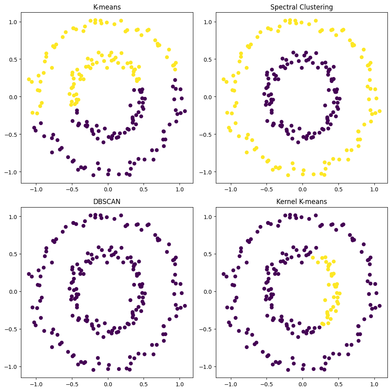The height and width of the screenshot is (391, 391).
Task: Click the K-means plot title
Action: (x=107, y=7)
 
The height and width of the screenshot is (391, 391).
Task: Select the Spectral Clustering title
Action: (x=302, y=7)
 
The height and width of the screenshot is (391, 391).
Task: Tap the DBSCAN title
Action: (x=107, y=202)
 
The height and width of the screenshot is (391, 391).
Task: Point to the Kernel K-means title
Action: (x=302, y=202)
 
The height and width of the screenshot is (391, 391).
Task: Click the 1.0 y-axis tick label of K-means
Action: (x=14, y=22)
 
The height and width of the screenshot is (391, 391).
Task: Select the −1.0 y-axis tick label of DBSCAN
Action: (x=13, y=366)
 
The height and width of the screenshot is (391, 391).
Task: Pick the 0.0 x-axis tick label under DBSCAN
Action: (x=108, y=383)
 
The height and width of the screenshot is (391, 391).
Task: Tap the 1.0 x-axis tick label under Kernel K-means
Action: (x=374, y=383)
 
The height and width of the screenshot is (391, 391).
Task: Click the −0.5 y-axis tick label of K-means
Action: (x=13, y=134)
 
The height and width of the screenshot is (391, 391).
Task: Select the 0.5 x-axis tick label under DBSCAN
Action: (x=144, y=383)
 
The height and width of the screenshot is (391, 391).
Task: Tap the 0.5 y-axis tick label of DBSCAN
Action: (x=14, y=254)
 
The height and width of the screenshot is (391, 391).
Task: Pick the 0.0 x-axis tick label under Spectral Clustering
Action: (x=302, y=189)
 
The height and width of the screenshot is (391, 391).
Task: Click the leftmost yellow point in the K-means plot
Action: (x=29, y=79)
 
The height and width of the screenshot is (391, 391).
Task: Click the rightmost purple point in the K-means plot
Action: (x=185, y=111)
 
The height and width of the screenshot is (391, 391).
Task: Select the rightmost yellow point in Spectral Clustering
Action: (x=379, y=111)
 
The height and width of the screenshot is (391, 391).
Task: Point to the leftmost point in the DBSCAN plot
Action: (x=29, y=274)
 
